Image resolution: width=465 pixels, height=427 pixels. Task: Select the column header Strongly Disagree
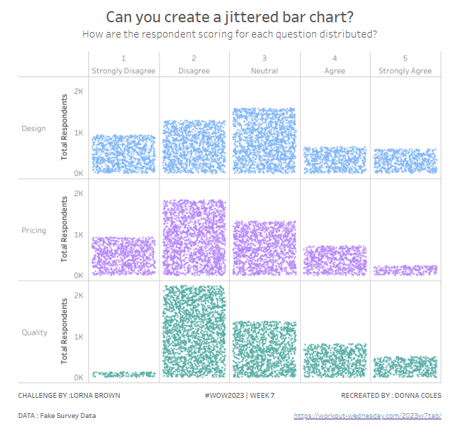[124, 71]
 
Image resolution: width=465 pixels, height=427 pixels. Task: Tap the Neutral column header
[265, 71]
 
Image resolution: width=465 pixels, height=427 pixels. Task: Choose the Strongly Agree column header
[405, 71]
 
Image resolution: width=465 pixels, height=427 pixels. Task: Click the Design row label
[34, 129]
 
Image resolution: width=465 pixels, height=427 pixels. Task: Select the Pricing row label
[34, 231]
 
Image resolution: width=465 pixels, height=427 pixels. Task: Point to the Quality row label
[34, 332]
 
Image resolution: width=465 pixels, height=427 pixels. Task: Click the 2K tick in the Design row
[79, 92]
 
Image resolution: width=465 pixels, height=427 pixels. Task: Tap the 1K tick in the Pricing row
[79, 235]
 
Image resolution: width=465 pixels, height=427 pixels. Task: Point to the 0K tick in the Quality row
[79, 378]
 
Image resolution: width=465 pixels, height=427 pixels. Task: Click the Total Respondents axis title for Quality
[65, 332]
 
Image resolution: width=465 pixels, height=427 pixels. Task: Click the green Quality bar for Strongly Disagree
[124, 374]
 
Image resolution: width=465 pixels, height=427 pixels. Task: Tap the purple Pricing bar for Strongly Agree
[405, 270]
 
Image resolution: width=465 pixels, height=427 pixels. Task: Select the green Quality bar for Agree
[335, 360]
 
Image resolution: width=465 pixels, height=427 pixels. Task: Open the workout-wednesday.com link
[368, 416]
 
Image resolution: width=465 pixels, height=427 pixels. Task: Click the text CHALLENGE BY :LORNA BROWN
[69, 396]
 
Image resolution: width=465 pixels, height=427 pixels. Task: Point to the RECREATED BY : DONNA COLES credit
[391, 396]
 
